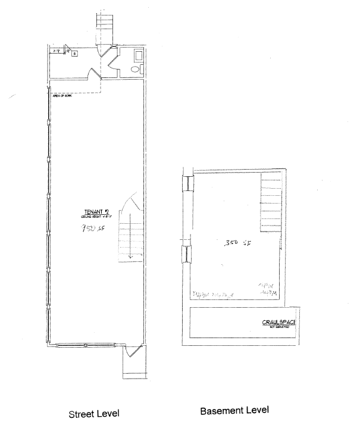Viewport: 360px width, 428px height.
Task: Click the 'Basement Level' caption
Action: click(234, 411)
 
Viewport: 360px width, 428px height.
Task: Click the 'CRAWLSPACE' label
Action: click(279, 323)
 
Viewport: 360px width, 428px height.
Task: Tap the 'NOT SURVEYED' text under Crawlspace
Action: click(279, 328)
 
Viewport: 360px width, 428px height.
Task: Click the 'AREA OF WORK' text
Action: click(62, 95)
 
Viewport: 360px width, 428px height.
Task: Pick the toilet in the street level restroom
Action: click(134, 70)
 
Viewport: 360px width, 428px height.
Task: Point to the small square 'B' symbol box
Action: click(74, 54)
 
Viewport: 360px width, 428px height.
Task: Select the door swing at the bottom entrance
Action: click(132, 352)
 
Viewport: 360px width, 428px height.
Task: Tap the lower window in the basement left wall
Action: click(186, 254)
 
